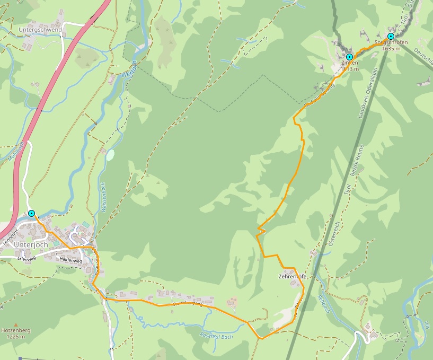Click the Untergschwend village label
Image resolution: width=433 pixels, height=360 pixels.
[40, 30]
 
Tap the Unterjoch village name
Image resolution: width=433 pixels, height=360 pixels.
[31, 245]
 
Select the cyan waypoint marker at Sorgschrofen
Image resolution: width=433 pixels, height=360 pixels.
[391, 36]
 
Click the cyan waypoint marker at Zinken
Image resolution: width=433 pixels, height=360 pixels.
[349, 56]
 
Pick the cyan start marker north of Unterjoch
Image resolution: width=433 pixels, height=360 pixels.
[31, 213]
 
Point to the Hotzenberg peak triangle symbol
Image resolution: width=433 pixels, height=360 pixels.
[16, 324]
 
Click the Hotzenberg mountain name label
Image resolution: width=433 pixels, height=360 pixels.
[15, 330]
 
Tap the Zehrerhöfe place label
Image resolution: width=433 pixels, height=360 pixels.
[292, 277]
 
